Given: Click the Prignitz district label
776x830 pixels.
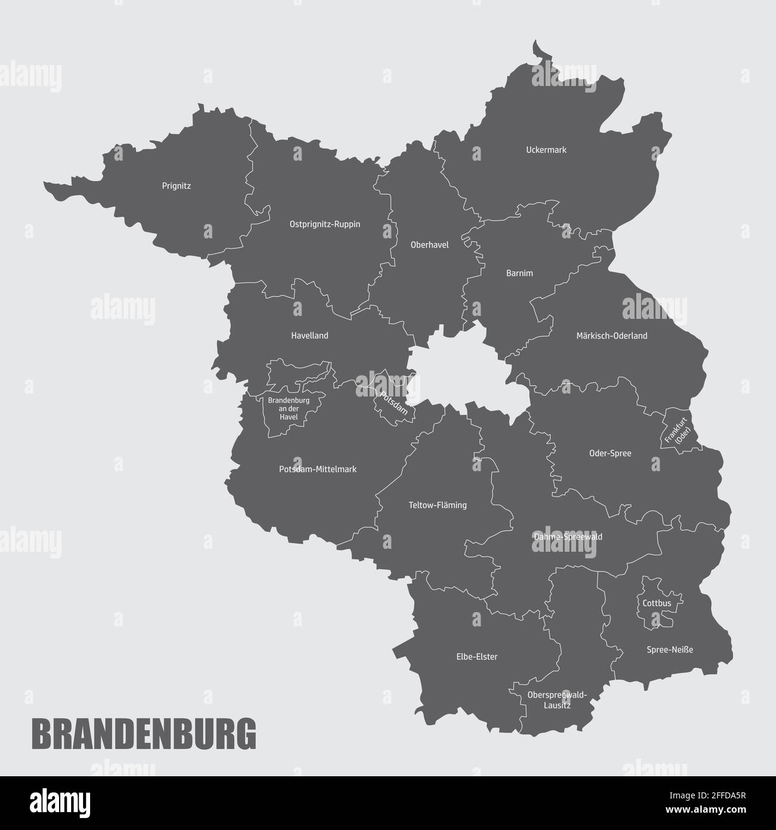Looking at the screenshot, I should click(x=176, y=186).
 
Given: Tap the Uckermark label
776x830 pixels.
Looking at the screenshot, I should click(x=546, y=150).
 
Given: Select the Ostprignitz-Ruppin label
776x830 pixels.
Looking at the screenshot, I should click(x=325, y=225).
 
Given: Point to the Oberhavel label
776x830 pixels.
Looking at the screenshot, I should click(x=429, y=245).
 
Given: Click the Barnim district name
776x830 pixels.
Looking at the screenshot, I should click(x=519, y=273).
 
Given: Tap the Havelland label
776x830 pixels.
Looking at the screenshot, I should click(x=309, y=336).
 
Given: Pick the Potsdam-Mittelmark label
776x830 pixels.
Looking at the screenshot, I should click(x=318, y=469).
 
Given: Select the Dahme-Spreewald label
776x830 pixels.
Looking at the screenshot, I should click(x=567, y=537).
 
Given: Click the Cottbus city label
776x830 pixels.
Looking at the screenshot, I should click(x=657, y=603).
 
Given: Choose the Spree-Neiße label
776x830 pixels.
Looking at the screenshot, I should click(x=670, y=650).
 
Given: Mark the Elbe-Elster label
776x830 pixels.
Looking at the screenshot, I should click(x=477, y=657).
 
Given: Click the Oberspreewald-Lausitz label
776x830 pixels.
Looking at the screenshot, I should click(x=557, y=700).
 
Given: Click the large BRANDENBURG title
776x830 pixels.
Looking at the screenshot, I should click(x=143, y=734).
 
